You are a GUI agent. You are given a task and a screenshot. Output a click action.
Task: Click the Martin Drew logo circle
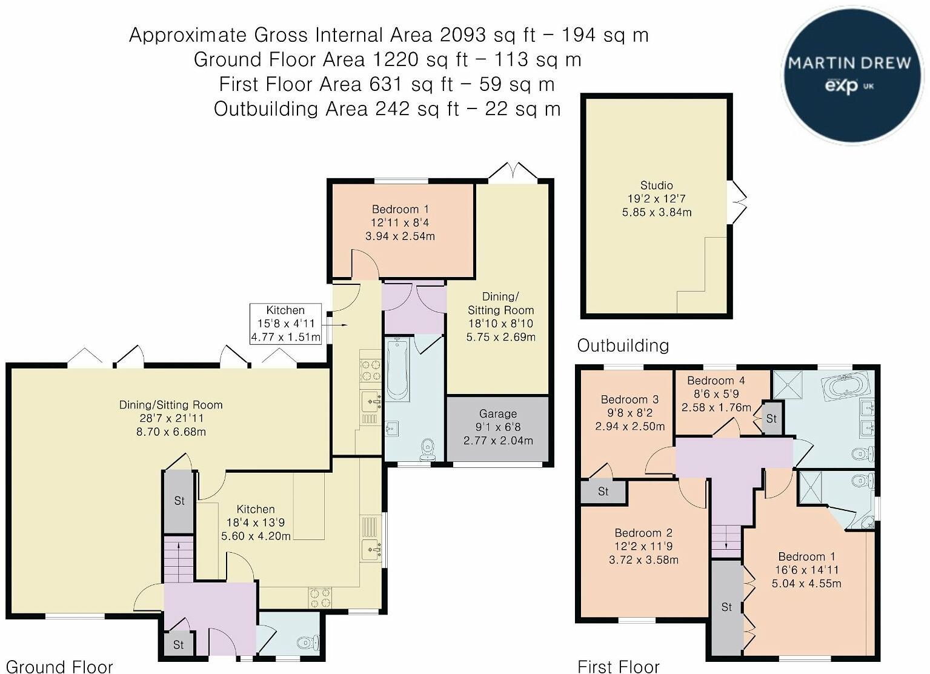click(x=851, y=76)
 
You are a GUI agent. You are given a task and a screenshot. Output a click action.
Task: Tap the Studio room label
click(x=656, y=185)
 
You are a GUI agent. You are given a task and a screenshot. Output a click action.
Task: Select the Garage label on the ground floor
click(x=498, y=413)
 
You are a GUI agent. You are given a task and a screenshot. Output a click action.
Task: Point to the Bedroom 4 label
click(x=716, y=381)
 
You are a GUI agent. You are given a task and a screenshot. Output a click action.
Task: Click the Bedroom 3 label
click(x=630, y=399)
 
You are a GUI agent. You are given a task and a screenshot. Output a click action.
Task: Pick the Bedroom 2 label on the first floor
click(x=643, y=533)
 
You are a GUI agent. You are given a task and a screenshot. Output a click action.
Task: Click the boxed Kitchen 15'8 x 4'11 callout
click(x=285, y=324)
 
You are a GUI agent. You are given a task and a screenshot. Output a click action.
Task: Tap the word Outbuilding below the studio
click(x=623, y=345)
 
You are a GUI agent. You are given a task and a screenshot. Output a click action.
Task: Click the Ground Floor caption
click(x=59, y=666)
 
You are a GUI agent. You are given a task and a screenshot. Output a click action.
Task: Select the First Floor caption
click(x=618, y=666)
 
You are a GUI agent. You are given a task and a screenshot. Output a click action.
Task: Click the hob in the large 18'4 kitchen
click(x=320, y=598)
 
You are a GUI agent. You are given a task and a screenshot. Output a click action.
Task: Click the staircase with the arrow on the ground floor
click(x=179, y=559)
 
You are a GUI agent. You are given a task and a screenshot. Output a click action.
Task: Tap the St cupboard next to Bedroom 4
click(x=771, y=419)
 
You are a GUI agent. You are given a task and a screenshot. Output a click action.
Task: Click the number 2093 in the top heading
click(x=462, y=35)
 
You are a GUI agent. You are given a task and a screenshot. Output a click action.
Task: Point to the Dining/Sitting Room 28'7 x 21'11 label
click(x=171, y=418)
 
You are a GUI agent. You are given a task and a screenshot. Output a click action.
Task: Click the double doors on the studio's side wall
click(x=737, y=202)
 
